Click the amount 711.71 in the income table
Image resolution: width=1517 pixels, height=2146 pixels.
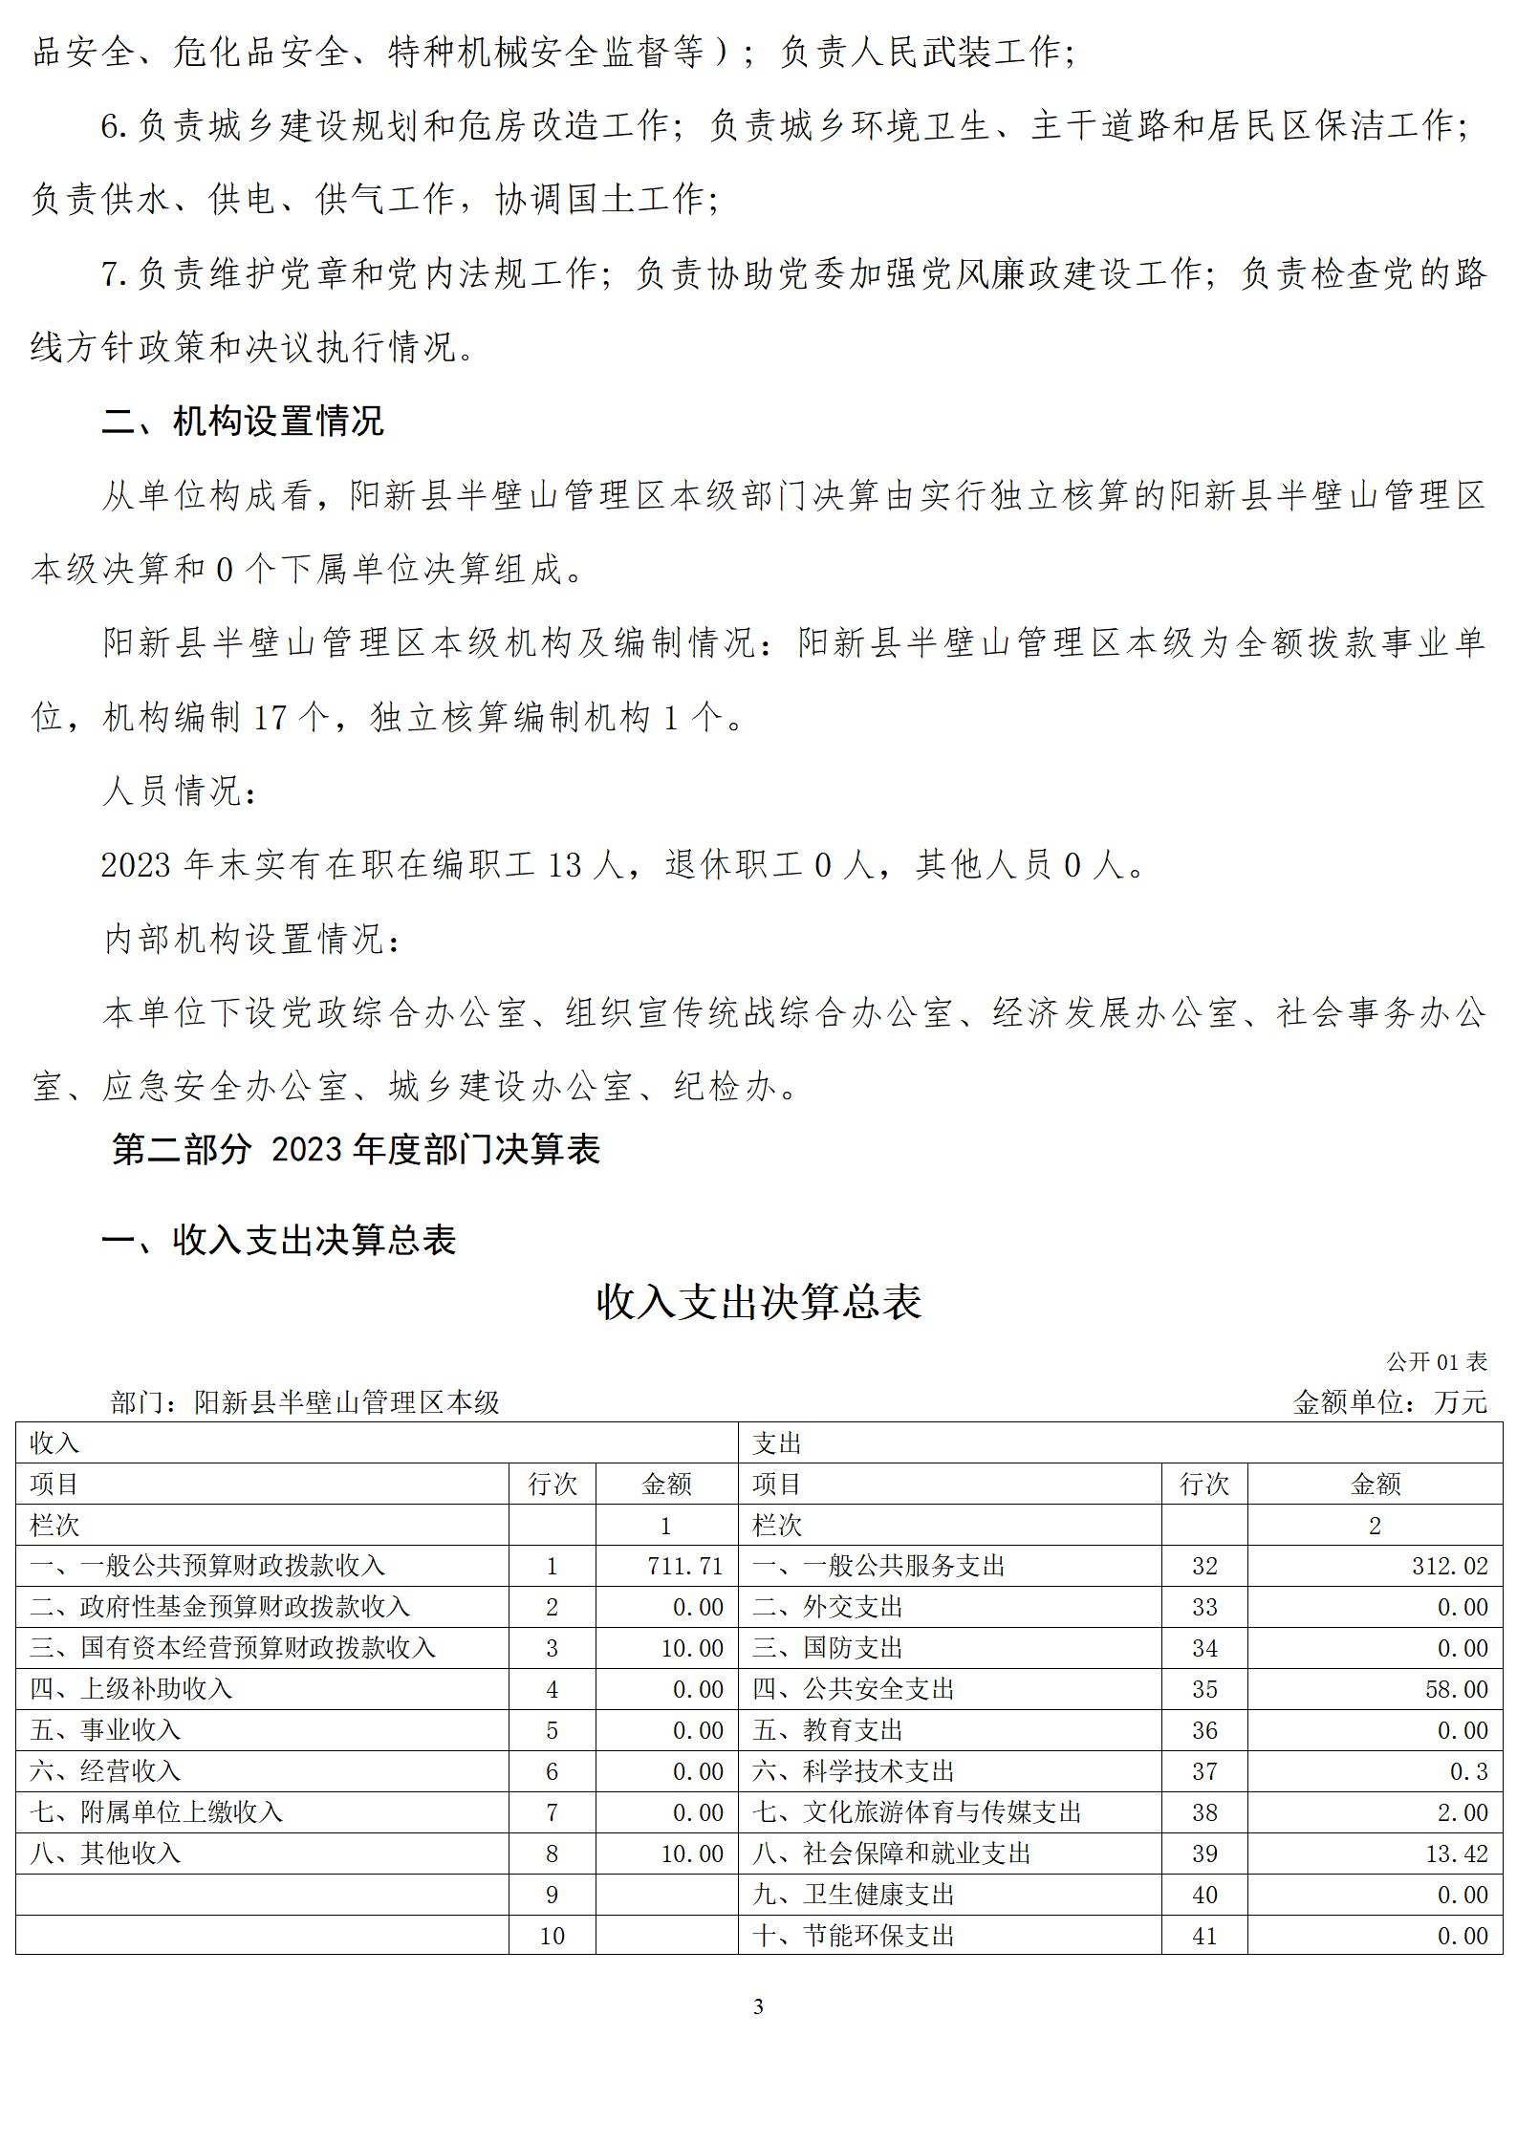[684, 1566]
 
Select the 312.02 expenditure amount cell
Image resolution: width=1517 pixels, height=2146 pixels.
[1449, 1566]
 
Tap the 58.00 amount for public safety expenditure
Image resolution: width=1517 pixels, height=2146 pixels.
[1456, 1689]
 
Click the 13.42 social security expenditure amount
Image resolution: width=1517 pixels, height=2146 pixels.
[1456, 1853]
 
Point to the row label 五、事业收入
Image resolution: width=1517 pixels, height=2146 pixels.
[105, 1730]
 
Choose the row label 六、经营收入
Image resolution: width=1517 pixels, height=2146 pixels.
[105, 1771]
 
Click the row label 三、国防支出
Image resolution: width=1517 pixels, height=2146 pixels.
[827, 1648]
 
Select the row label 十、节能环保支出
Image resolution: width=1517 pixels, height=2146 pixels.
[853, 1936]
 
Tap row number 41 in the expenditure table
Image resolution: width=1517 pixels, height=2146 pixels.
[1204, 1936]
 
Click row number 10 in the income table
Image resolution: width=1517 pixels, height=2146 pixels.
[552, 1936]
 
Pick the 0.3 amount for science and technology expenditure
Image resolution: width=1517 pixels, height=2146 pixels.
[1468, 1771]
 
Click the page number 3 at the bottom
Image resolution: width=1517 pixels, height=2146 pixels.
[758, 2006]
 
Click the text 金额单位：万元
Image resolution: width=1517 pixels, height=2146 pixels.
[1390, 1402]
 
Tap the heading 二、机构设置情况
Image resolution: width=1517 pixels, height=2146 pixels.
[243, 421]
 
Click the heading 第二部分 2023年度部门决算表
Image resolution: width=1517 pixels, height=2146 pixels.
[356, 1149]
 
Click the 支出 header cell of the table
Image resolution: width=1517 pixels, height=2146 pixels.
[776, 1443]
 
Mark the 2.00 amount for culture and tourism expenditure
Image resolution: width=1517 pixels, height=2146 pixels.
[1462, 1812]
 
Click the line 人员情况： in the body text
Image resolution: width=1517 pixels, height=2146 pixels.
[180, 791]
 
